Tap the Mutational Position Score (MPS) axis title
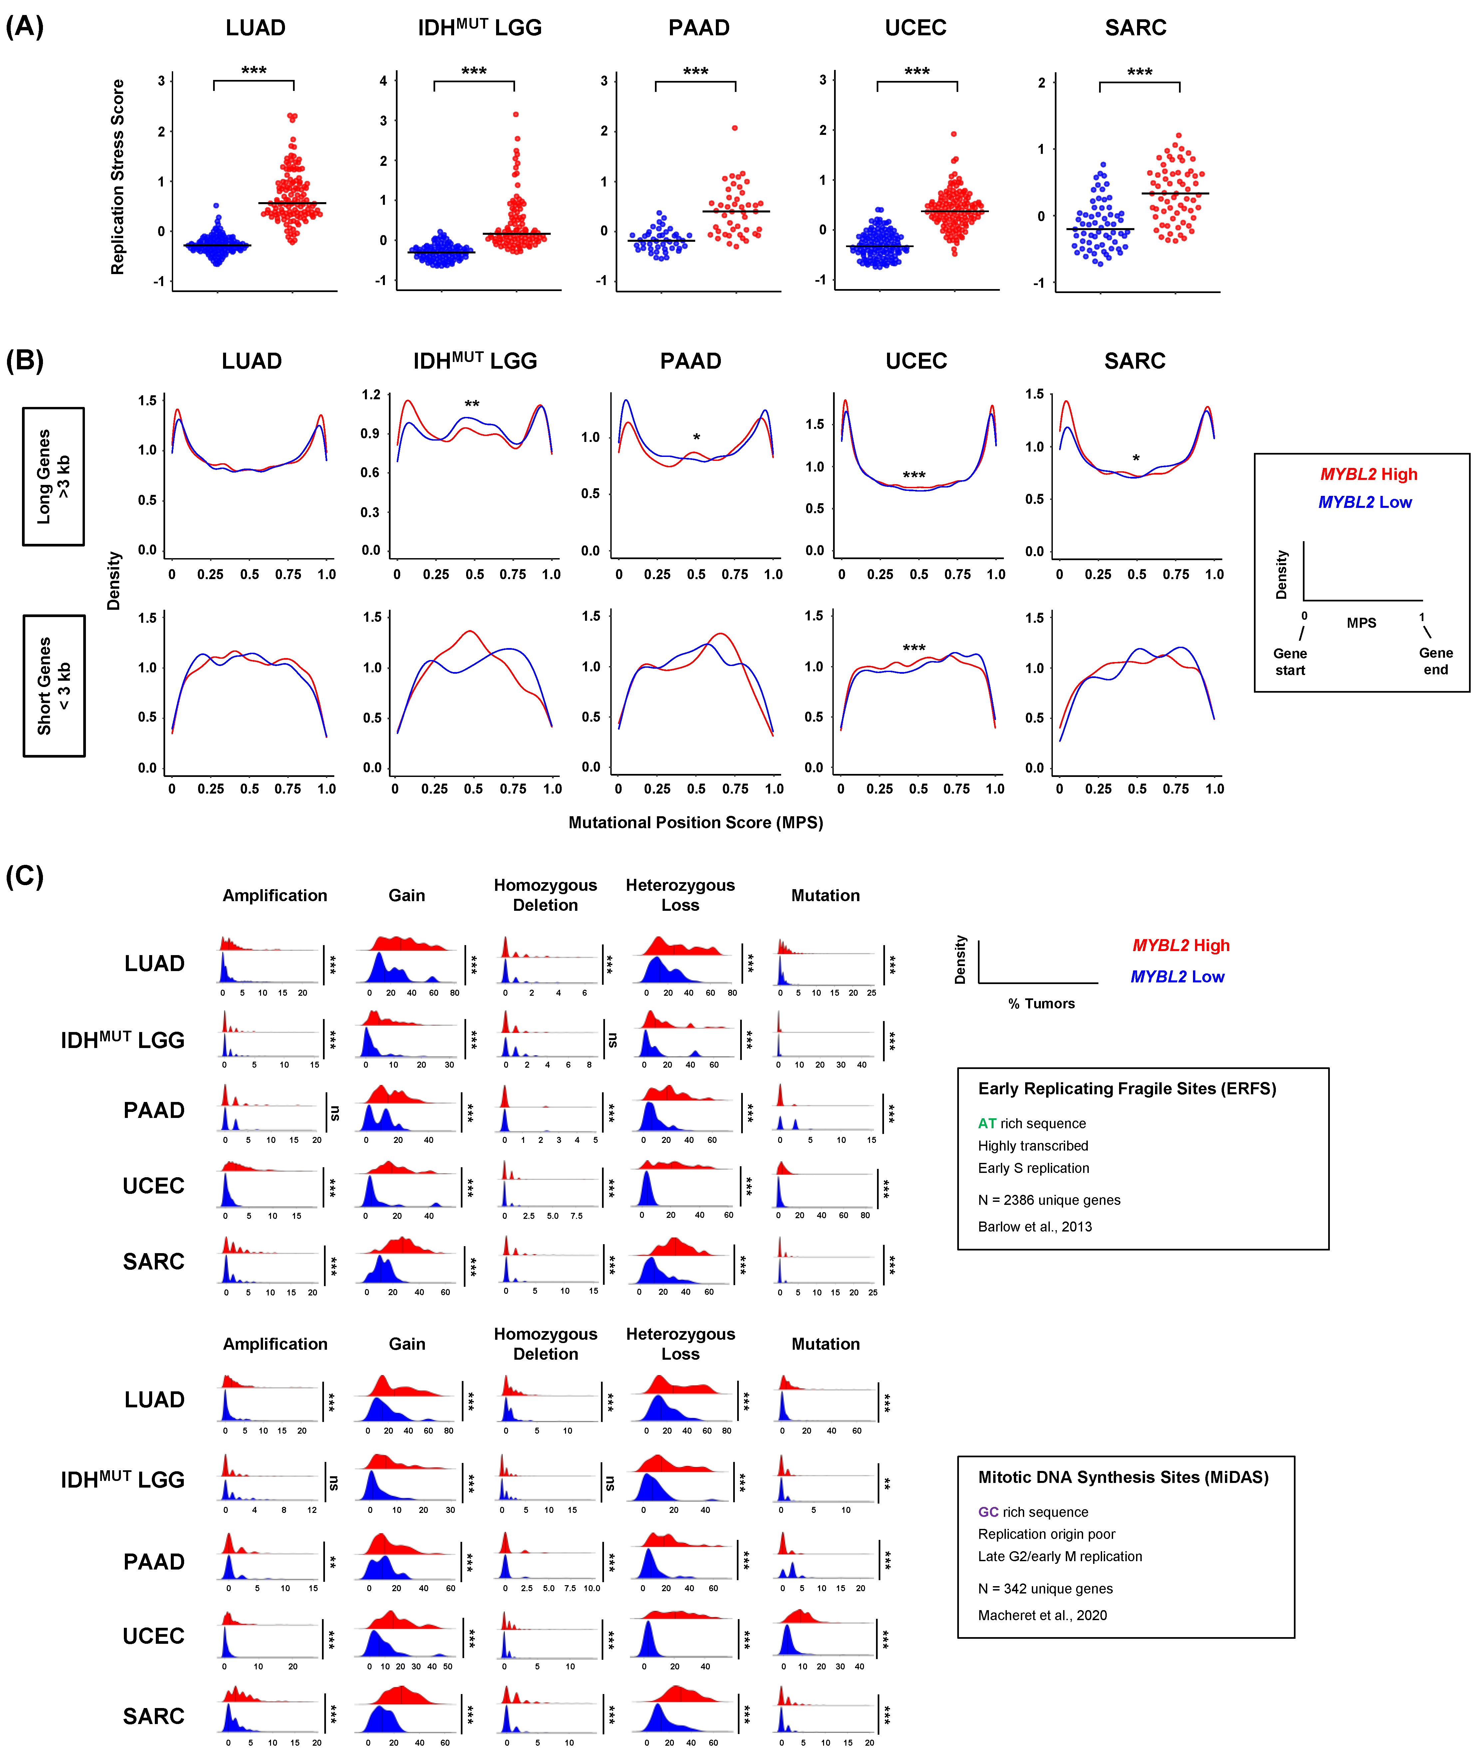(x=695, y=823)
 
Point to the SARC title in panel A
(x=1135, y=28)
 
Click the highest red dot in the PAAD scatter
(x=735, y=128)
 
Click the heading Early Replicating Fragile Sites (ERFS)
(x=1126, y=1089)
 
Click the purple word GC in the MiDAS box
(x=988, y=1512)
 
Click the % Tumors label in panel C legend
(x=1041, y=1003)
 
